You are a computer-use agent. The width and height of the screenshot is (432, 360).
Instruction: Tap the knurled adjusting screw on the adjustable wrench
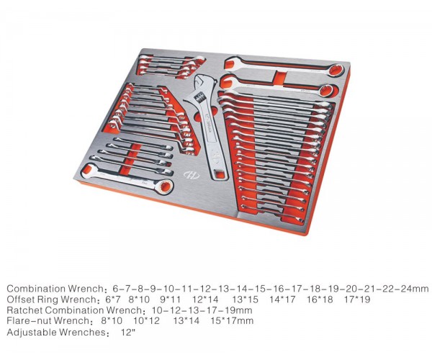coord(199,97)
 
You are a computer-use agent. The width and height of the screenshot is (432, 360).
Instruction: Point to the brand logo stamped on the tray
coord(192,174)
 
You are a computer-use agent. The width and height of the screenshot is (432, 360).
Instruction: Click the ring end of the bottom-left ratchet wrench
coord(164,187)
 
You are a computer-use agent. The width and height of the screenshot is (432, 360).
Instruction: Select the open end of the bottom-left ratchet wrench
coord(88,171)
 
